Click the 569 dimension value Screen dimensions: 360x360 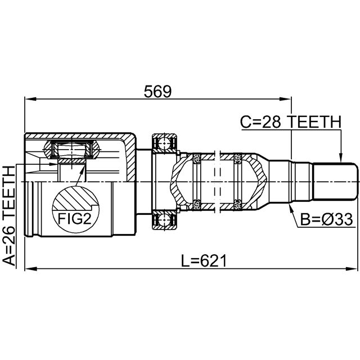[x=157, y=91]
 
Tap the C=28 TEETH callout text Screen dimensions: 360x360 [x=290, y=121]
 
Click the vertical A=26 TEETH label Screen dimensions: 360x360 [x=10, y=214]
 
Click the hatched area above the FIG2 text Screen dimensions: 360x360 [x=74, y=198]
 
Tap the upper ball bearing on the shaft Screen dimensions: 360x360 [x=164, y=143]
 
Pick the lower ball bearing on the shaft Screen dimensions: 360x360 [x=164, y=222]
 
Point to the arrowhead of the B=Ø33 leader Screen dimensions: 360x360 [x=290, y=207]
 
